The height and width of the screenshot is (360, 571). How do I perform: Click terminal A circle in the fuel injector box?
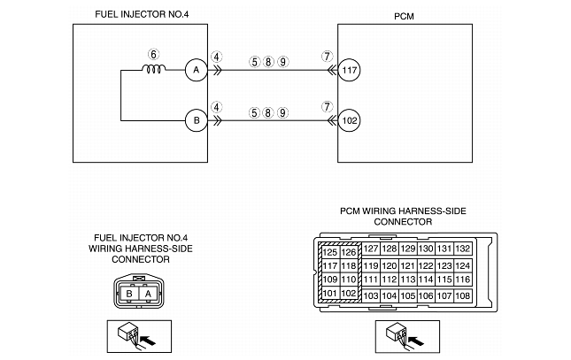coord(194,70)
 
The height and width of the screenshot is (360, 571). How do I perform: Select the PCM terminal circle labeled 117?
coord(350,70)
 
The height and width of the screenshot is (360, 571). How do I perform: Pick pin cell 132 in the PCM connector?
coord(461,249)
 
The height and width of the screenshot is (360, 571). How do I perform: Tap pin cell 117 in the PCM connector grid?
coord(329,266)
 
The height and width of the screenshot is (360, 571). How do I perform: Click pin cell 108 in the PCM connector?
coord(461,295)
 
